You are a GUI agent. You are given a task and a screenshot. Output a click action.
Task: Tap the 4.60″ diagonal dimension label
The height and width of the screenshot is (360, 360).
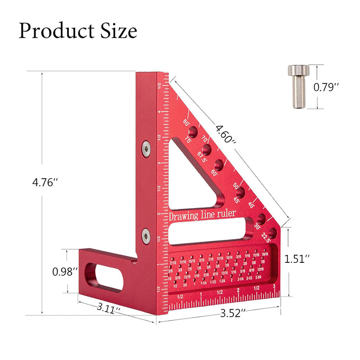(225, 134)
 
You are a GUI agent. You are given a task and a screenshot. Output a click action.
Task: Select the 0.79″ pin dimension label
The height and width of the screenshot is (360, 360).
(338, 87)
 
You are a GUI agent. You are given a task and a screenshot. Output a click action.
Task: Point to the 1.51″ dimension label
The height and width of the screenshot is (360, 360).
(297, 259)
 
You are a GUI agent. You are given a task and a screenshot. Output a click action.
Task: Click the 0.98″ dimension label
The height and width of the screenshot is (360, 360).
(66, 271)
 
